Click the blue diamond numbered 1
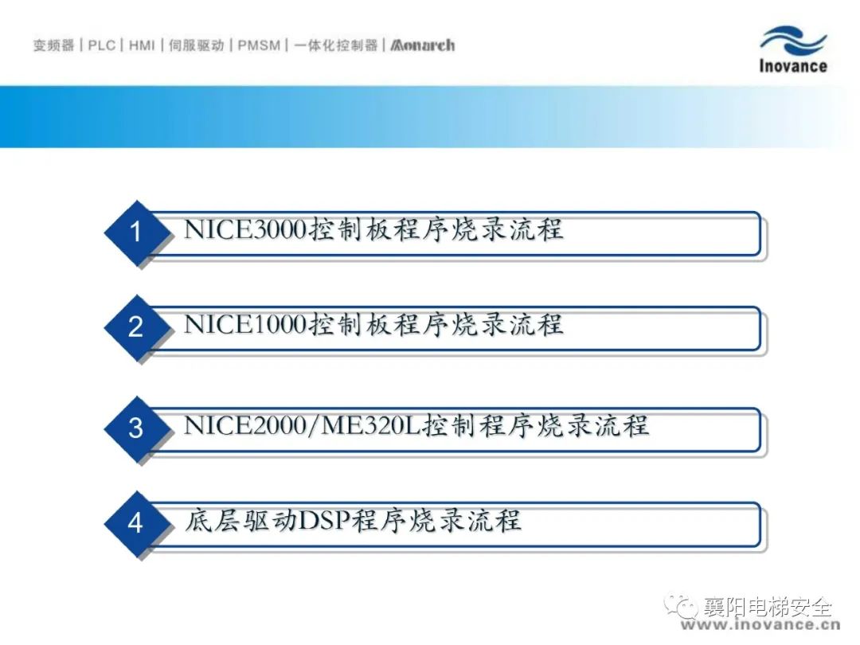[x=135, y=232]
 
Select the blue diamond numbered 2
[x=135, y=327]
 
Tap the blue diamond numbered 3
[x=135, y=428]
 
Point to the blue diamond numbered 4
[x=135, y=523]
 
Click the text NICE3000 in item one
[x=244, y=229]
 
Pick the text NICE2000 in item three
[x=244, y=425]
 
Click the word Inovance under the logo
[x=793, y=66]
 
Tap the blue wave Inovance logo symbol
[x=794, y=40]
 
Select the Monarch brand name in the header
[x=422, y=45]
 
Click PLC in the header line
[x=102, y=45]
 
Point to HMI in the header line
[x=142, y=45]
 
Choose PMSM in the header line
[x=259, y=45]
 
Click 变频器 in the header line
[x=54, y=45]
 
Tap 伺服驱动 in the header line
[x=197, y=45]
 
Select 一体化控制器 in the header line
[x=336, y=45]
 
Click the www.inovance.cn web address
[x=760, y=625]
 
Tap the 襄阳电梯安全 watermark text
[x=768, y=607]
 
